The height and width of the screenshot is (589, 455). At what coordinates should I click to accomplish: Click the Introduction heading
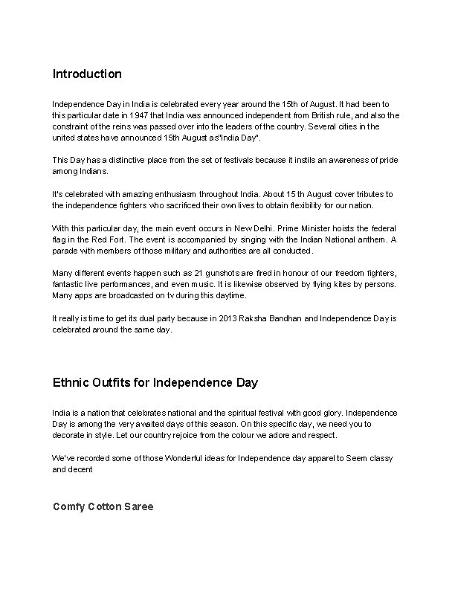[x=87, y=74]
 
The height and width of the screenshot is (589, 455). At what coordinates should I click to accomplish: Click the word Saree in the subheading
[x=136, y=506]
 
